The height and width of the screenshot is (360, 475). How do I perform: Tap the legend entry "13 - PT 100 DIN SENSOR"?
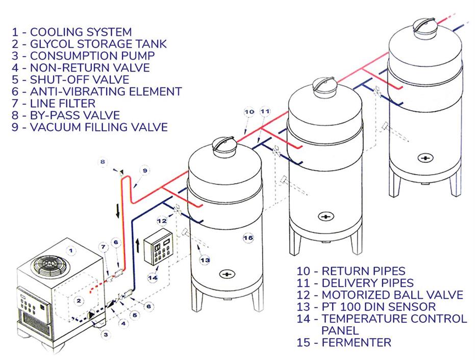click(365, 306)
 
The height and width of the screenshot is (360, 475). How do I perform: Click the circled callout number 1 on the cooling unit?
click(72, 250)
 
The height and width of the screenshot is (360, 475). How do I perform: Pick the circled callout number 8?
click(103, 162)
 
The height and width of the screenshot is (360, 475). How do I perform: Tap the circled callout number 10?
click(249, 111)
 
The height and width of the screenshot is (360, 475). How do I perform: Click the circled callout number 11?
click(265, 111)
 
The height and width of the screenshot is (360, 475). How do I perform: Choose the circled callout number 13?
click(205, 260)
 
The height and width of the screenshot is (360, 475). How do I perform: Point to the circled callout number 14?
click(152, 278)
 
